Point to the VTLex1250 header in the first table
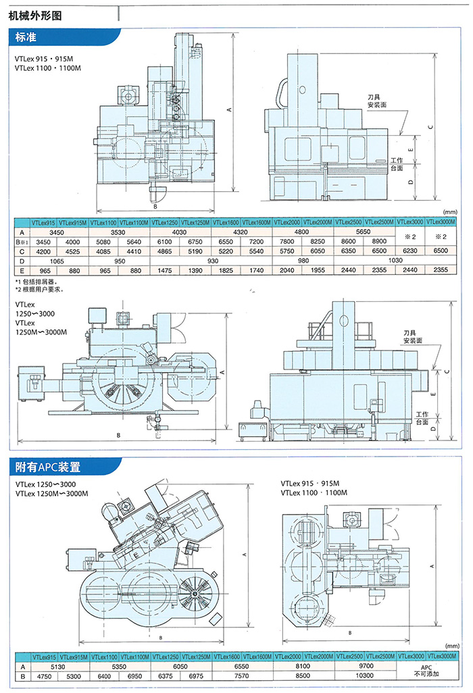coord(165,222)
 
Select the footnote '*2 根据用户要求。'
coord(40,288)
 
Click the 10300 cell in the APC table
coord(364,675)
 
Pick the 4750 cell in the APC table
coord(43,675)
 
